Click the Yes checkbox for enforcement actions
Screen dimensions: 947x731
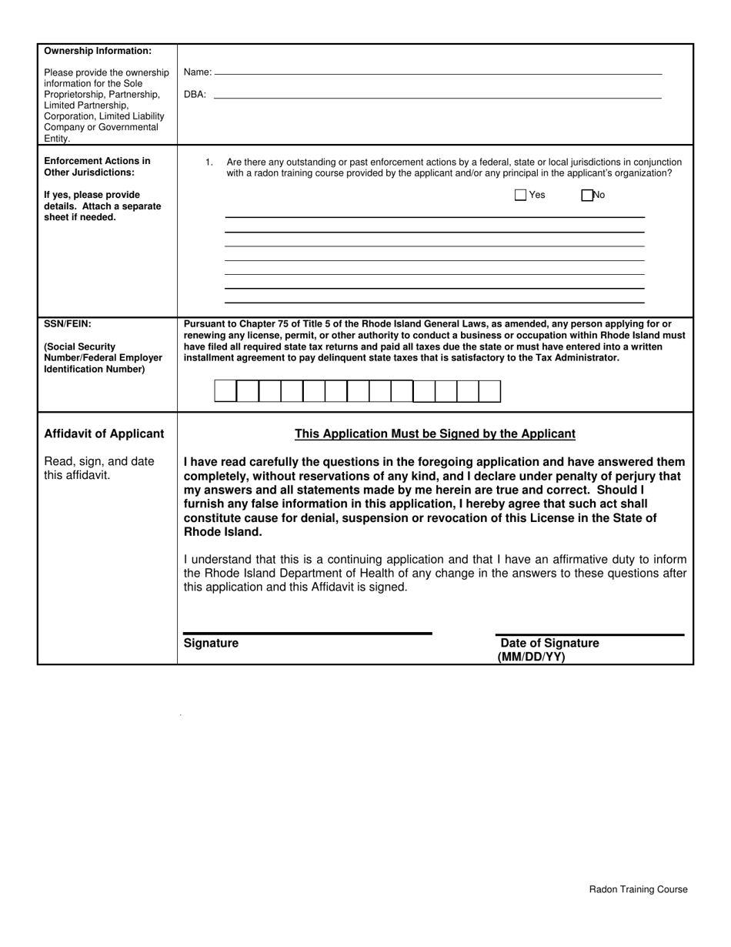point(520,195)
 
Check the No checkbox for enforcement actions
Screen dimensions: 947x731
point(587,195)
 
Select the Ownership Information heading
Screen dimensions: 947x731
point(98,51)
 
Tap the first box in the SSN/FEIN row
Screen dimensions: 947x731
point(225,391)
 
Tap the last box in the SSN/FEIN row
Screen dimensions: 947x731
point(489,391)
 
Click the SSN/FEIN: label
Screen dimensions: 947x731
point(68,324)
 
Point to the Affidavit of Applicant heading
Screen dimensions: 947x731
point(104,433)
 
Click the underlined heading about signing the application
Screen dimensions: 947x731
point(435,433)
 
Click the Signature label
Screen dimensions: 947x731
point(211,643)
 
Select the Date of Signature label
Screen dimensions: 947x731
point(549,643)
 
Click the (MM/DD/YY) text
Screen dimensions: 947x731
point(531,657)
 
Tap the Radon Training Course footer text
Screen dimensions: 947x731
point(638,889)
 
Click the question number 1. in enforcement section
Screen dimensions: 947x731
point(209,162)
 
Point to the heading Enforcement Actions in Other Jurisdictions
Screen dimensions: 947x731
point(97,166)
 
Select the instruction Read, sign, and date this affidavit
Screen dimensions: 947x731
point(99,467)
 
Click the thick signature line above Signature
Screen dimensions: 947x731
point(307,633)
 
